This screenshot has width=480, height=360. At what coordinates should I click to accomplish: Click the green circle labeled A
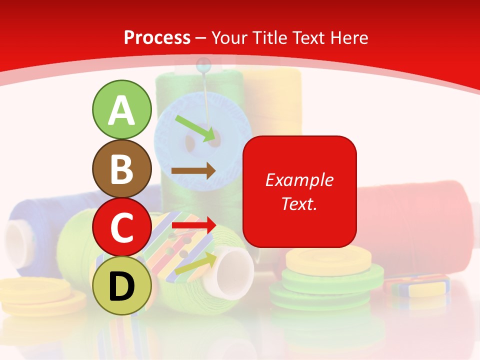[121, 109]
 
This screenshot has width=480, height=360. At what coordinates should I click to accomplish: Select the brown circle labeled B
[121, 169]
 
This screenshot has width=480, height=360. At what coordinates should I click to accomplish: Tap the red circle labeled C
[121, 227]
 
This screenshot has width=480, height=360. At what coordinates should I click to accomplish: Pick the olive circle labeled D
[121, 285]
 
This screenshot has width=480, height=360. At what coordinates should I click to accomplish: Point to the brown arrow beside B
[193, 171]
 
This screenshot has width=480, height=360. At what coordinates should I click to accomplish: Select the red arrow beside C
[193, 225]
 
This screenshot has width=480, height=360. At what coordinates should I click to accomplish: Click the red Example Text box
[299, 191]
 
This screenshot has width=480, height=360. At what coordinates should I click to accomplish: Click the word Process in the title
[157, 37]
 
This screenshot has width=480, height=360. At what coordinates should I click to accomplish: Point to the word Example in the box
[299, 180]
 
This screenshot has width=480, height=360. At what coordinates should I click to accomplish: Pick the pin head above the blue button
[203, 63]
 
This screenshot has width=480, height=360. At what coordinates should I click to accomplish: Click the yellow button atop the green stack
[320, 260]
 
